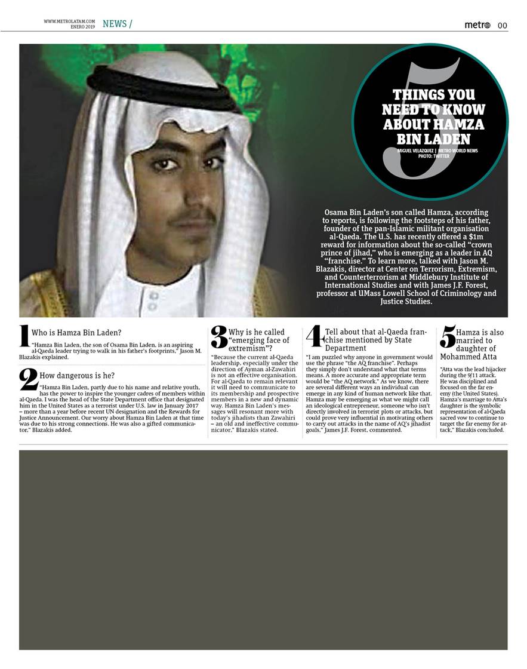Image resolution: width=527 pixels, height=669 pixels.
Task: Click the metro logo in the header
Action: (x=477, y=24)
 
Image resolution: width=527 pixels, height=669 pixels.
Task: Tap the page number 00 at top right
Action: (x=503, y=25)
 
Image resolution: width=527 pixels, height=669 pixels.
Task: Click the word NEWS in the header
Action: (x=114, y=23)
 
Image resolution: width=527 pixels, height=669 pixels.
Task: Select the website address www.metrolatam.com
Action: (x=69, y=21)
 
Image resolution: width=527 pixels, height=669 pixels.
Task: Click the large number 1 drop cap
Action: (x=24, y=336)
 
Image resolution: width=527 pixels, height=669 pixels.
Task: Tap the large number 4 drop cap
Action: (x=315, y=336)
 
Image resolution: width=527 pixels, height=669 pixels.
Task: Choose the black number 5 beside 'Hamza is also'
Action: (x=448, y=336)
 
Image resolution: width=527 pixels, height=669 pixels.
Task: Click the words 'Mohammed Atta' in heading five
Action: (x=468, y=357)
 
